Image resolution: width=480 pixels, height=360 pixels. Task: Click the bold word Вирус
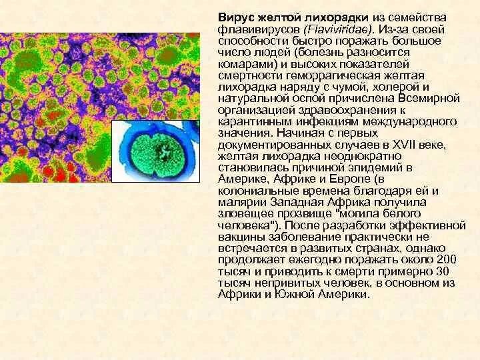pyautogui.click(x=234, y=16)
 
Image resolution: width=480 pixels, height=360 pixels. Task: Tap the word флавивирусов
pyautogui.click(x=249, y=30)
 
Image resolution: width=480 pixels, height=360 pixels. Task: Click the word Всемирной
pyautogui.click(x=434, y=99)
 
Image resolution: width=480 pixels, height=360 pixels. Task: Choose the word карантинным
pyautogui.click(x=251, y=122)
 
